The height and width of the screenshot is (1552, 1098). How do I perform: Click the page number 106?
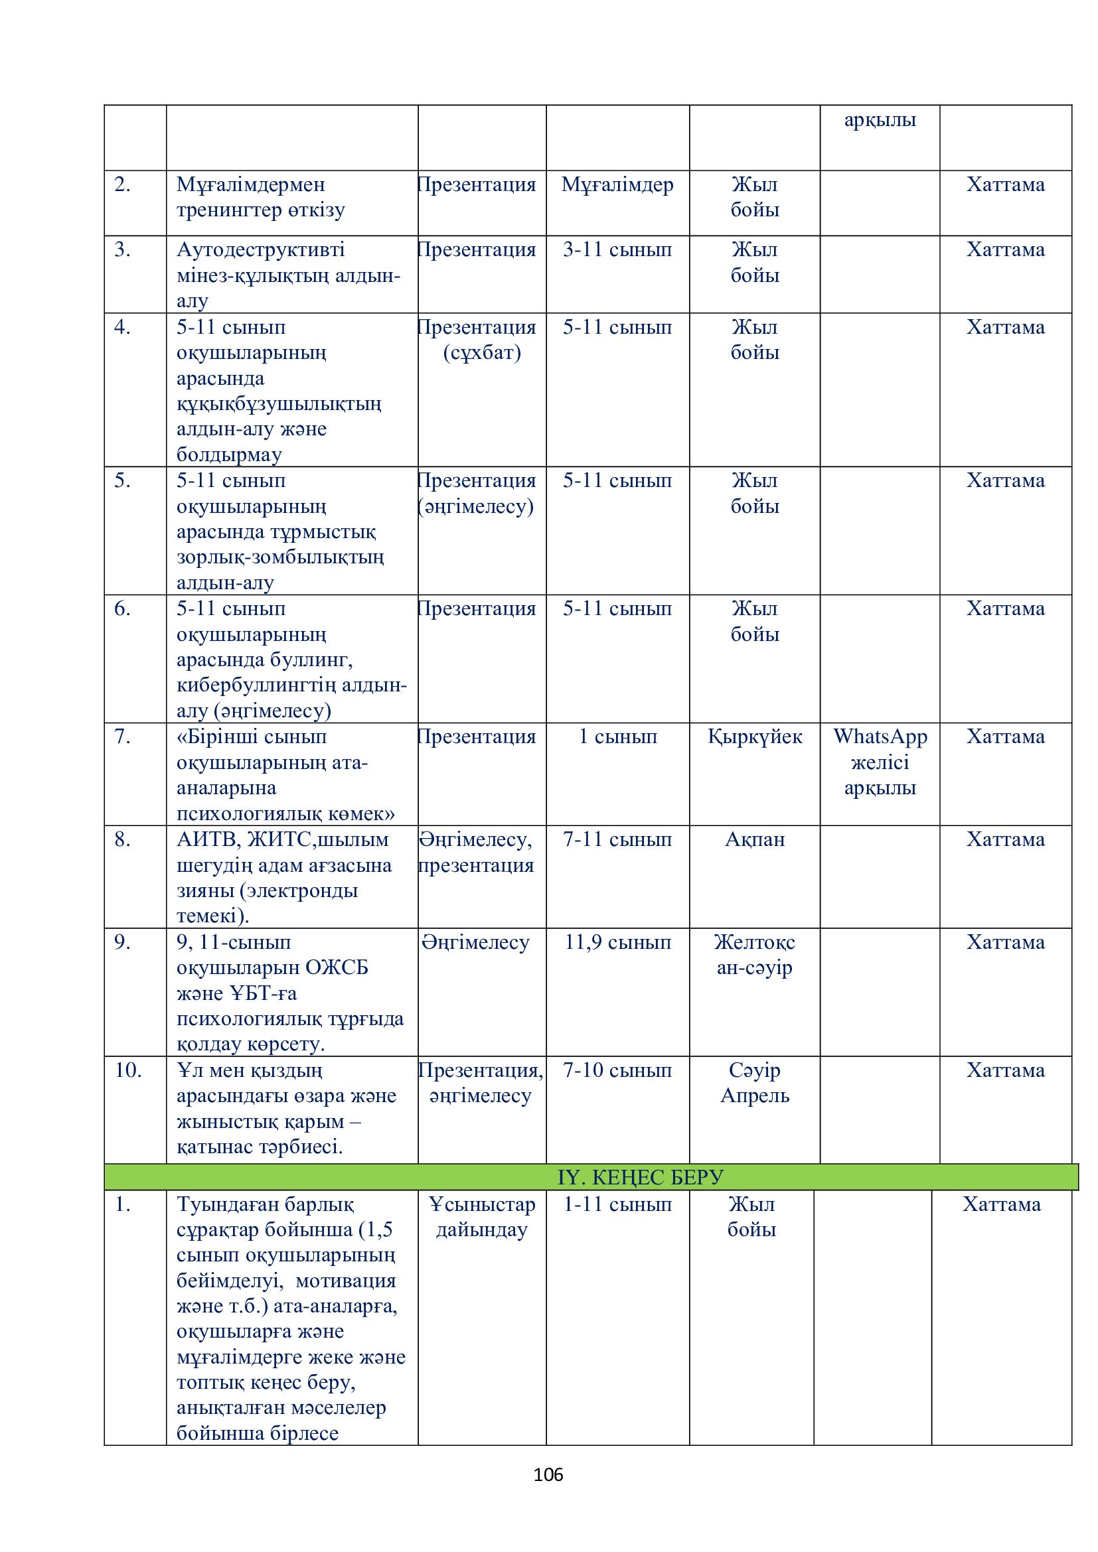point(548,1474)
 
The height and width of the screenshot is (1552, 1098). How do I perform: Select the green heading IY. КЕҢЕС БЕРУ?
point(639,1177)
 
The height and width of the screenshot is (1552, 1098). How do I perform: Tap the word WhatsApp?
point(880,736)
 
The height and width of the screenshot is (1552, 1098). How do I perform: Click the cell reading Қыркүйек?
point(755,736)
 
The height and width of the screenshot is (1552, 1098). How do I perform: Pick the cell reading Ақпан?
point(755,839)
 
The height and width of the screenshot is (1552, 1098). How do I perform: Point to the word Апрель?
point(755,1095)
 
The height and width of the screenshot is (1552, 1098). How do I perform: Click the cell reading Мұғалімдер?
point(617,184)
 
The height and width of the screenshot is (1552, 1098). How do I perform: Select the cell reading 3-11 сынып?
point(617,249)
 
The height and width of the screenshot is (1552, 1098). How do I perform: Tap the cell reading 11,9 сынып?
point(617,942)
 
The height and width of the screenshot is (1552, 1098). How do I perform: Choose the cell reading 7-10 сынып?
point(617,1070)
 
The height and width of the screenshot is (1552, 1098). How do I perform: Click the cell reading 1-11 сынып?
point(617,1204)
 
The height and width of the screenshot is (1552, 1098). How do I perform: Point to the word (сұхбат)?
point(481,352)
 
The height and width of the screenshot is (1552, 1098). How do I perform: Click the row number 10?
point(127,1070)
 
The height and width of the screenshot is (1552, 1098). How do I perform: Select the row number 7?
point(122,736)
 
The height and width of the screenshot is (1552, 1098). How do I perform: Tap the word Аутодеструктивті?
point(260,249)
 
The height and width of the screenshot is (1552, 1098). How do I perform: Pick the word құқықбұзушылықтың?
point(279,403)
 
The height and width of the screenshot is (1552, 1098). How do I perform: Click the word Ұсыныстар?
point(481,1204)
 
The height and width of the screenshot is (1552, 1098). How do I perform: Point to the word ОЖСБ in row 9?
point(337,967)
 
